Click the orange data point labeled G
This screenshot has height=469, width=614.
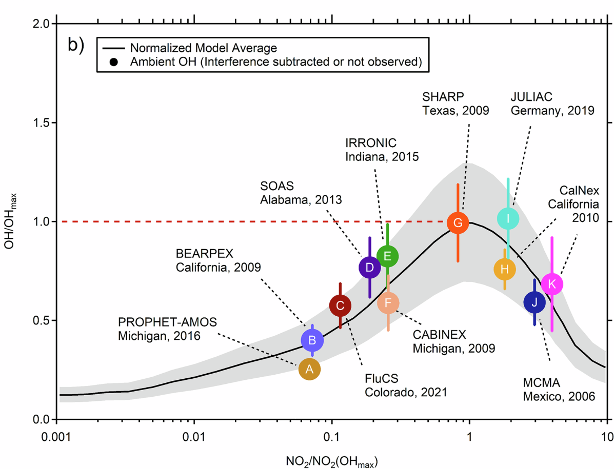click(458, 222)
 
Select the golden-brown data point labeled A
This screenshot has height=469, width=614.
click(309, 368)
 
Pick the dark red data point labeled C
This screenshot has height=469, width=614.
click(340, 306)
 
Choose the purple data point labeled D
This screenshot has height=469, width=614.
click(369, 268)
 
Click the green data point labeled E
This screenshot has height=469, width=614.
click(387, 255)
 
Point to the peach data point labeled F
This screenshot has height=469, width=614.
click(388, 302)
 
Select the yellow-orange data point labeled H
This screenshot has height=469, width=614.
click(505, 269)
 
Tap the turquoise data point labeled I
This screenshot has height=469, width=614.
click(508, 218)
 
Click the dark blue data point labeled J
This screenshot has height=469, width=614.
click(534, 302)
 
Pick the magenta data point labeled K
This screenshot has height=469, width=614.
click(552, 283)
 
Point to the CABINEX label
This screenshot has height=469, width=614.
click(439, 335)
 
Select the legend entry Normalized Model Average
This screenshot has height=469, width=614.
click(204, 48)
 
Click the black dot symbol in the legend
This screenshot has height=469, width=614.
click(114, 63)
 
